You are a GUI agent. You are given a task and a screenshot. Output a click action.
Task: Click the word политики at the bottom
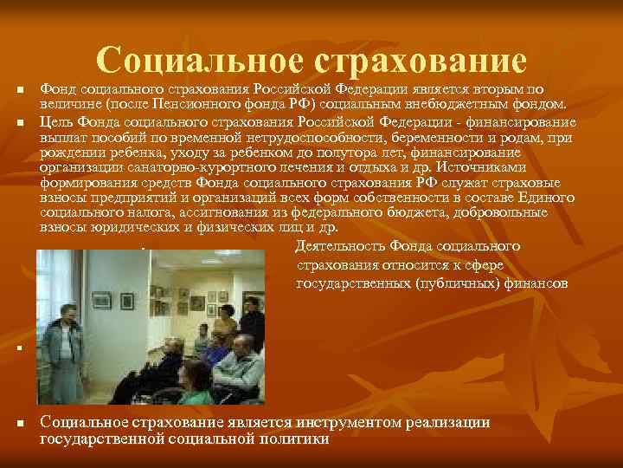click(x=300, y=439)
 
